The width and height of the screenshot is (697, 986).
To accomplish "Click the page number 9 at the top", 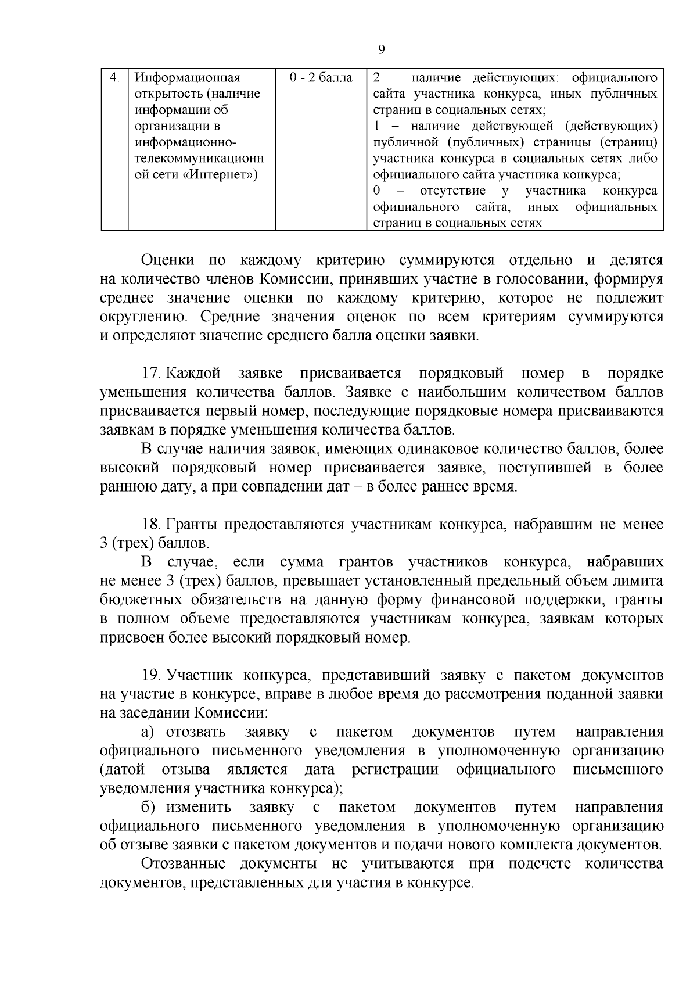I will tap(381, 49).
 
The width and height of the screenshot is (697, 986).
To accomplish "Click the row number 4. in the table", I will tap(115, 77).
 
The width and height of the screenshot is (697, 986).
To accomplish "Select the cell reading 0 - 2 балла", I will tap(321, 77).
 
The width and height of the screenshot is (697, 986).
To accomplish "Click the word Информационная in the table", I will tap(187, 77).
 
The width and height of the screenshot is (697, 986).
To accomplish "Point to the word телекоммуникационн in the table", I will tap(199, 159).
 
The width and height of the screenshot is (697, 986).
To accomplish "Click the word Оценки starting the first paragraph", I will tap(166, 260).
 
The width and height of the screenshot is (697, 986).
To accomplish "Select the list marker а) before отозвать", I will tap(148, 732).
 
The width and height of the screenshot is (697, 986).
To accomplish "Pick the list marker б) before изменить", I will tap(148, 807).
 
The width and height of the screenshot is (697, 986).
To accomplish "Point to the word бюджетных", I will tap(137, 600).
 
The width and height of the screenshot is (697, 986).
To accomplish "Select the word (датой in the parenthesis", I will tap(122, 770).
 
